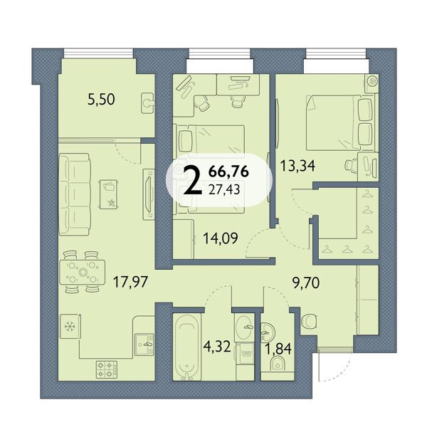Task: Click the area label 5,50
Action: pyautogui.click(x=101, y=100)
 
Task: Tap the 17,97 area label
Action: pyautogui.click(x=130, y=282)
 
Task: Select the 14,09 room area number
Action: pyautogui.click(x=221, y=238)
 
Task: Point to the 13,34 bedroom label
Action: pyautogui.click(x=298, y=166)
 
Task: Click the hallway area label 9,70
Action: pyautogui.click(x=306, y=283)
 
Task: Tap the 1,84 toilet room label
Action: pyautogui.click(x=278, y=349)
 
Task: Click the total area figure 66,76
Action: pyautogui.click(x=228, y=172)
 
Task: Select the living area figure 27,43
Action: pyautogui.click(x=224, y=189)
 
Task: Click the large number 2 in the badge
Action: pyautogui.click(x=193, y=180)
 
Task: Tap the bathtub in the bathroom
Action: pyautogui.click(x=186, y=347)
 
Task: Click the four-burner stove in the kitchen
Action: pyautogui.click(x=107, y=369)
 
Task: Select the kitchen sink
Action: pyautogui.click(x=144, y=344)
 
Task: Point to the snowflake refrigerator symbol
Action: pyautogui.click(x=70, y=326)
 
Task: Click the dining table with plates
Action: pyautogui.click(x=83, y=273)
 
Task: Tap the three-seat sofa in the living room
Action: pyautogui.click(x=75, y=194)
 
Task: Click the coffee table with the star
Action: pyautogui.click(x=109, y=194)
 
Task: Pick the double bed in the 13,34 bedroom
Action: pyautogui.click(x=339, y=122)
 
